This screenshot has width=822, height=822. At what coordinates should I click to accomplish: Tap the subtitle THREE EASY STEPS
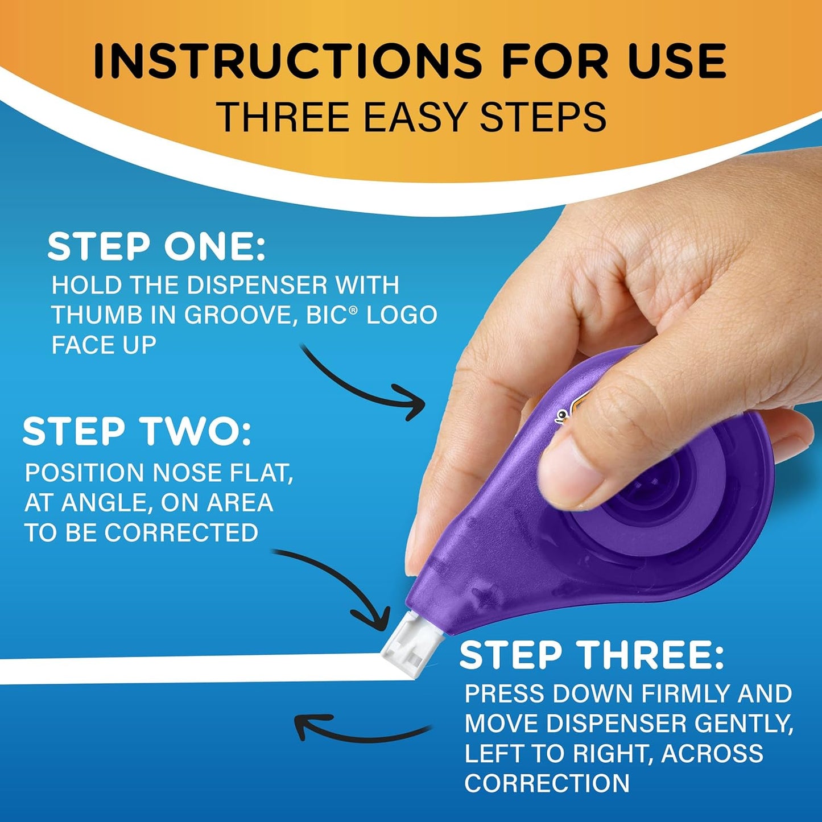411,117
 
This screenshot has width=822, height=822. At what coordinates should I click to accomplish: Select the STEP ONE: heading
156,247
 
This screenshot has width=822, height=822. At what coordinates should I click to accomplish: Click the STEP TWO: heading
137,432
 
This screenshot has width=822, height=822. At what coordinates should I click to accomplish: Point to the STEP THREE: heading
592,656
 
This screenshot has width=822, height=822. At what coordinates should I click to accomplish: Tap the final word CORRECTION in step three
547,783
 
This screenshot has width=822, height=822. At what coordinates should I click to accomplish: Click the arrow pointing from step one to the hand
364,384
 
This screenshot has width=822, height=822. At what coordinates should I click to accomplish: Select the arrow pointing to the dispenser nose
341,586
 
